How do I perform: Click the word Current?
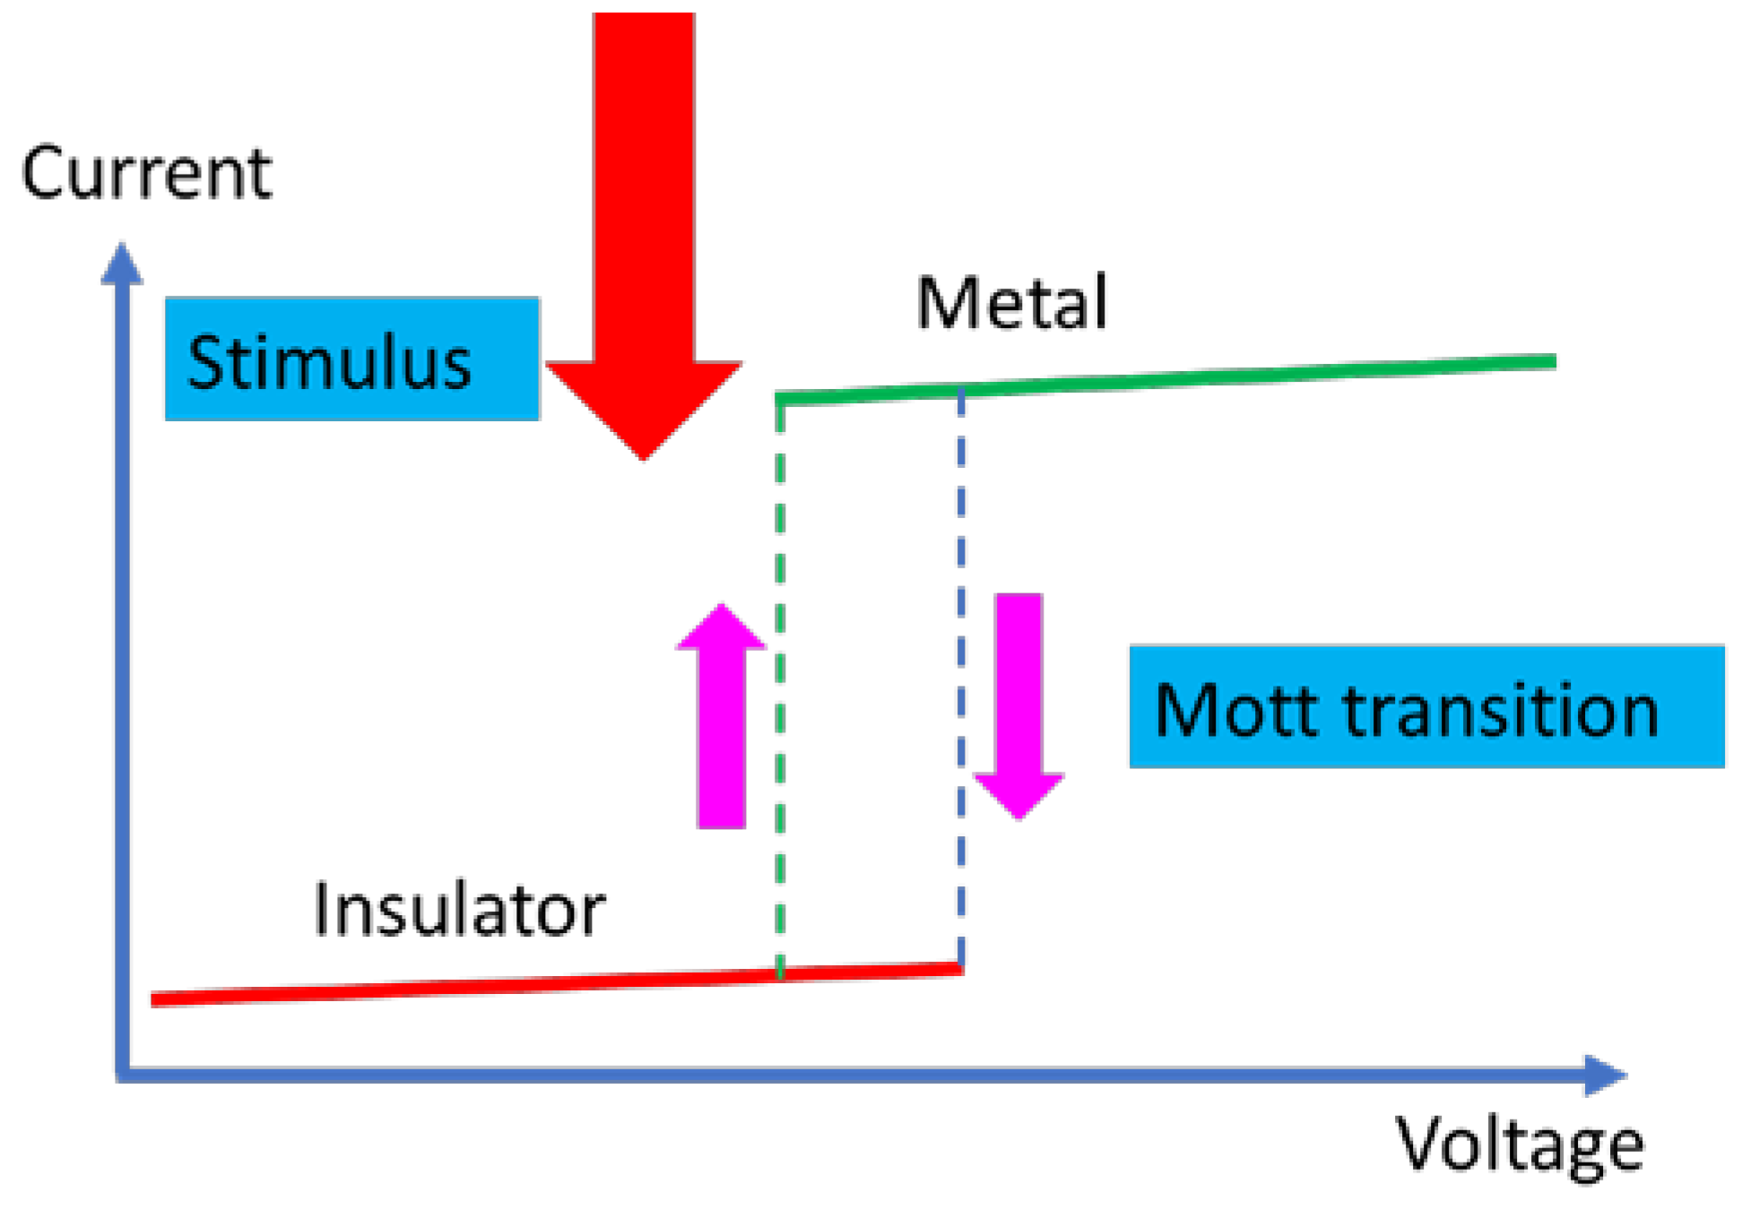click(x=146, y=173)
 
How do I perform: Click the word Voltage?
click(x=1520, y=1145)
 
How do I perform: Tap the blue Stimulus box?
click(x=351, y=359)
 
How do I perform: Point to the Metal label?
click(x=1011, y=303)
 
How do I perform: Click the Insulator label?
click(x=459, y=911)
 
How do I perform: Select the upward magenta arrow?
click(x=722, y=717)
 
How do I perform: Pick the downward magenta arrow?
click(x=1019, y=704)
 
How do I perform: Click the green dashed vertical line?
click(x=780, y=681)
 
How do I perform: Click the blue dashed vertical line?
click(x=961, y=681)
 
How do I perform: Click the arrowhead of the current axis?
click(x=122, y=264)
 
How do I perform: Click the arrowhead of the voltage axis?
click(x=1605, y=1075)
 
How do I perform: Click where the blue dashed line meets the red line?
click(x=961, y=968)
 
